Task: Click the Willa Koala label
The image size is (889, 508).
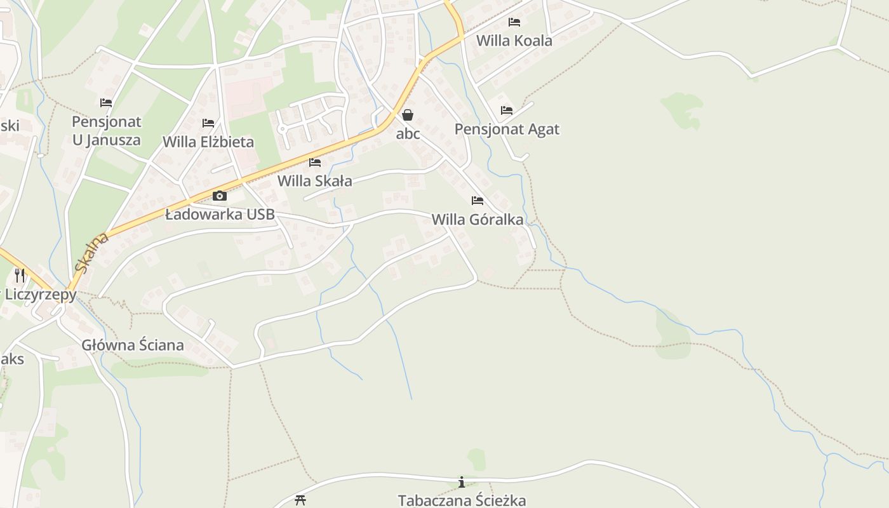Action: (514, 41)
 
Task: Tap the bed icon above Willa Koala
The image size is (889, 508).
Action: (514, 22)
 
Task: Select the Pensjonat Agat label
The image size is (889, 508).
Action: (507, 130)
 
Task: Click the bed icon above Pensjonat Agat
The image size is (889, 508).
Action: (506, 110)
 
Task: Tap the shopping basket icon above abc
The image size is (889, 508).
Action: (408, 115)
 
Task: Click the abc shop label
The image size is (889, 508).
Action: (408, 134)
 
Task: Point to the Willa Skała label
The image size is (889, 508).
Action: (314, 181)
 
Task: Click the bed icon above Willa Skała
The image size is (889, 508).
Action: (314, 163)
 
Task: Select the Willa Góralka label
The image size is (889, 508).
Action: (478, 220)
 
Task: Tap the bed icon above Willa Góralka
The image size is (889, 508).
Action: (478, 201)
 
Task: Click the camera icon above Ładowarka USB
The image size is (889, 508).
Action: (220, 196)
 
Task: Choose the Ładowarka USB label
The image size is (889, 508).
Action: (220, 215)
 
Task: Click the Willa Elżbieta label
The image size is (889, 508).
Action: (208, 142)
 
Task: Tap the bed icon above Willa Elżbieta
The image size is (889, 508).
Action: (208, 123)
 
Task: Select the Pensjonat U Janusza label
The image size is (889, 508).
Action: (106, 130)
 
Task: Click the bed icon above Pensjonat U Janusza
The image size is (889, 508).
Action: (106, 102)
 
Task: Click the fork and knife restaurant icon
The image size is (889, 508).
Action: (20, 275)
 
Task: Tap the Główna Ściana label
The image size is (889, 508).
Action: (133, 345)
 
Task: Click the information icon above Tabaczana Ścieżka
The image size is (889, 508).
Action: (462, 483)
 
